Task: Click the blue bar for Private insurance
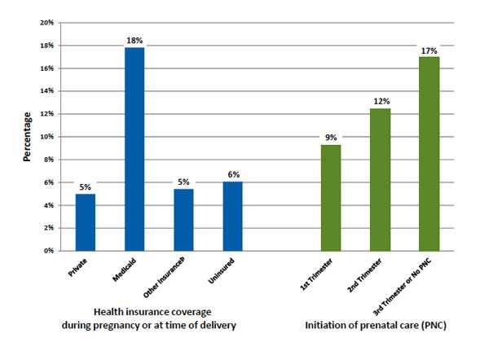[x=85, y=222]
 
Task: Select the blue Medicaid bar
[x=134, y=149]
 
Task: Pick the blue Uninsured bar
[x=232, y=216]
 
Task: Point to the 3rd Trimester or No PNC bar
[x=429, y=153]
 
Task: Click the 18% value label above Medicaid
[x=134, y=39]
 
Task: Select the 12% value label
[x=380, y=101]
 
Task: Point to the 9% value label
[x=330, y=138]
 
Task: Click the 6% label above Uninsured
[x=232, y=174]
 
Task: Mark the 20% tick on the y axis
[x=46, y=23]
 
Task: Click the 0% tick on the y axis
[x=47, y=251]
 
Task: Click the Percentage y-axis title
[x=27, y=138]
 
